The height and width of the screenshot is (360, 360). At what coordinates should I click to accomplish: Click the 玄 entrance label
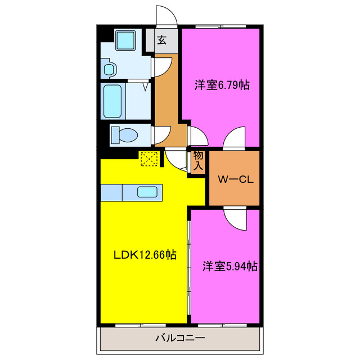(162, 40)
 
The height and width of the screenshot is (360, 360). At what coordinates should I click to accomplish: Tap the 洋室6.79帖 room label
(222, 85)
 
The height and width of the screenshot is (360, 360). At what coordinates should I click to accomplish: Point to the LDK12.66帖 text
(145, 255)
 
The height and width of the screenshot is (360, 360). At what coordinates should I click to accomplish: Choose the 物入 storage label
(199, 160)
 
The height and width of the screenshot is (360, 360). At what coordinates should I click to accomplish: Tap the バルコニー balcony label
(180, 338)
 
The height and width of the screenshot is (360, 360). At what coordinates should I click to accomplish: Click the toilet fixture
(122, 135)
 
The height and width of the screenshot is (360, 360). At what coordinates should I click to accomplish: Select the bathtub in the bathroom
(113, 101)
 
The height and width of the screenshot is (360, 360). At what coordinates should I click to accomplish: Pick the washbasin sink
(110, 69)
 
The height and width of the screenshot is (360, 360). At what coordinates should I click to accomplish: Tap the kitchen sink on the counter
(147, 192)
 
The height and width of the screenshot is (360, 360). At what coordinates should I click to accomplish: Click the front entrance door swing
(166, 16)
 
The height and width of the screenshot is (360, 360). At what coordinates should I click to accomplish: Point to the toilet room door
(161, 134)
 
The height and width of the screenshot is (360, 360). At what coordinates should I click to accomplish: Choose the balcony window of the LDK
(133, 325)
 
